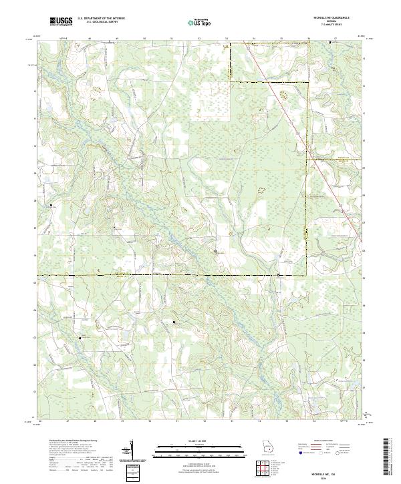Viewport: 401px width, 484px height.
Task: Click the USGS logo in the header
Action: click(x=61, y=21)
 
